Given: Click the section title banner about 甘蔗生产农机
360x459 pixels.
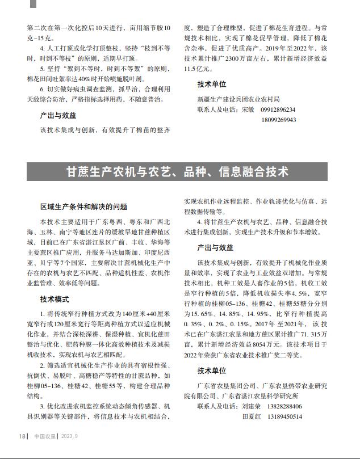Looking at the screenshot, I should pos(178,171).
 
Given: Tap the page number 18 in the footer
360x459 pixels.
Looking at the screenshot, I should pos(22,436).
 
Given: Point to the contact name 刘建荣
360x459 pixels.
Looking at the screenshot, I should pos(253,406).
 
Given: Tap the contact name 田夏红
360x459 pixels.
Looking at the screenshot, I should pos(253,417).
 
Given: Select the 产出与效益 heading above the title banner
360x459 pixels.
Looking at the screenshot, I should pos(58,115).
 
